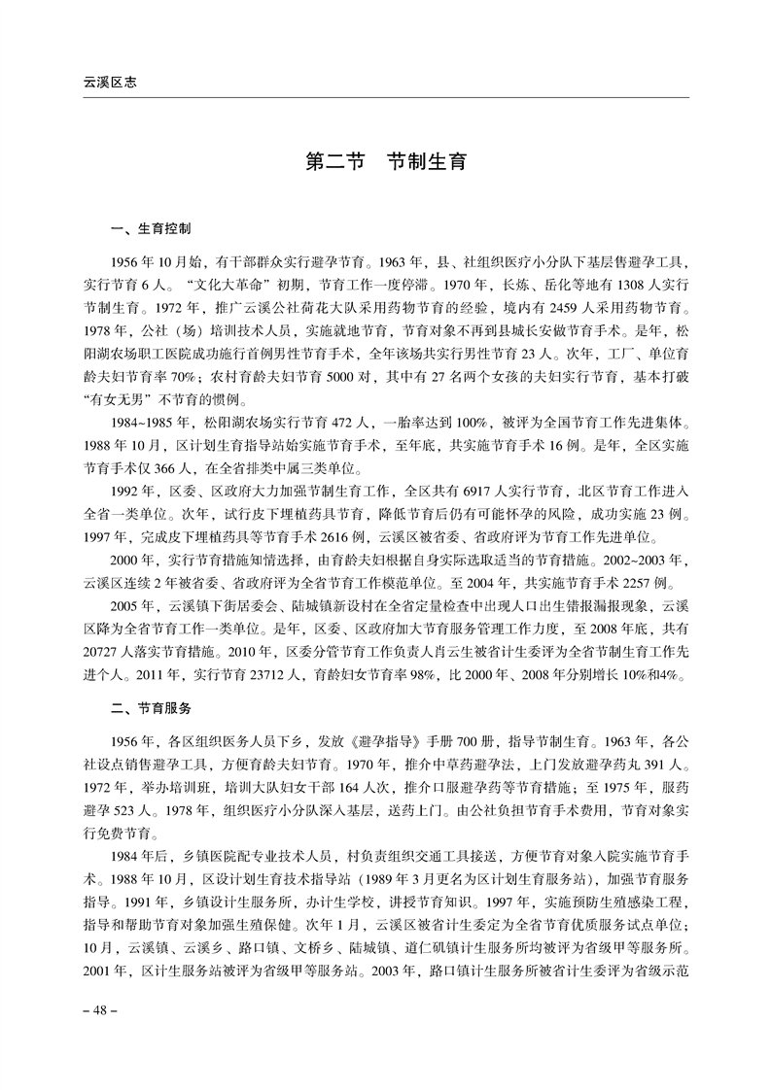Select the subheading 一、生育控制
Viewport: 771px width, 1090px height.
tap(152, 230)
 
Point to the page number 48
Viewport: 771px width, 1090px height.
tap(99, 1010)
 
